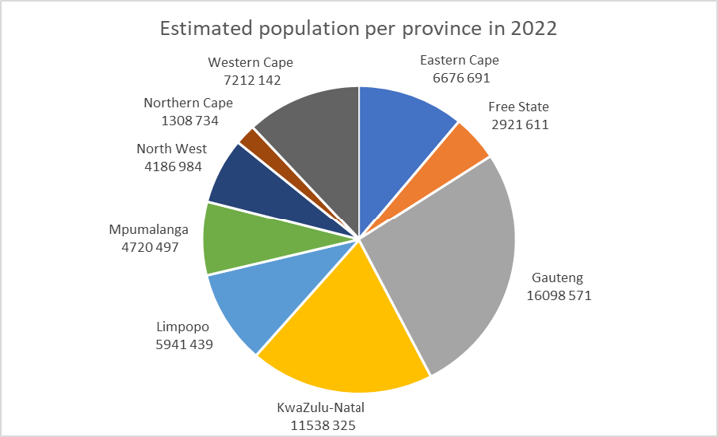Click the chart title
[x=359, y=29]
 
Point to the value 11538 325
[x=316, y=424]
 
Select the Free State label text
[x=518, y=107]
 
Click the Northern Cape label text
[x=188, y=103]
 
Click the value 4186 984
[x=173, y=167]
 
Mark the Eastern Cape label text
[x=460, y=60]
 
